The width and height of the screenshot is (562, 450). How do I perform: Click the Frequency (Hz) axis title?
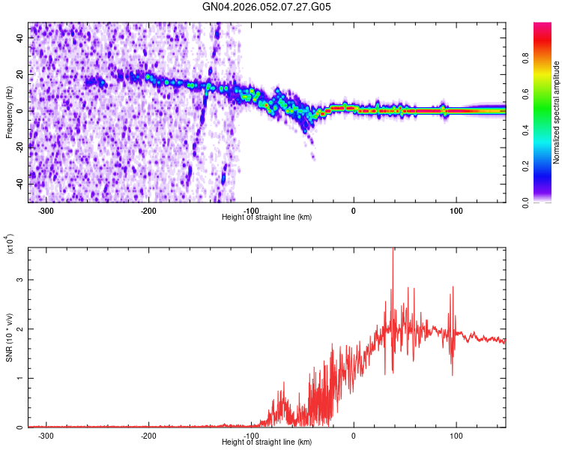click(x=9, y=112)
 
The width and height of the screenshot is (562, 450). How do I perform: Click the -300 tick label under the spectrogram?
click(x=46, y=210)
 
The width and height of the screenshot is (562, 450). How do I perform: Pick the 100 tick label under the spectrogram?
click(x=456, y=210)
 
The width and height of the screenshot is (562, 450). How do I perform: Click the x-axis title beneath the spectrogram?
click(x=267, y=217)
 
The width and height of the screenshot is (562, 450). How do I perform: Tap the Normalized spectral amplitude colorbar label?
click(x=557, y=112)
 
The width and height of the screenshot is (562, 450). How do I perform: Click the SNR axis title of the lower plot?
click(x=9, y=337)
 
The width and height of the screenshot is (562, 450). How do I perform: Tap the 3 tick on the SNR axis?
click(x=21, y=280)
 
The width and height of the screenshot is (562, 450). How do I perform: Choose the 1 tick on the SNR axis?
click(x=21, y=379)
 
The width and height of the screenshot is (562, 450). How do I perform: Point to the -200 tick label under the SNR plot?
click(x=148, y=435)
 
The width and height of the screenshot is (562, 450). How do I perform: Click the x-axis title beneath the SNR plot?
click(x=267, y=442)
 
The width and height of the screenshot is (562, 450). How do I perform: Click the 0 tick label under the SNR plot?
click(x=354, y=435)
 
